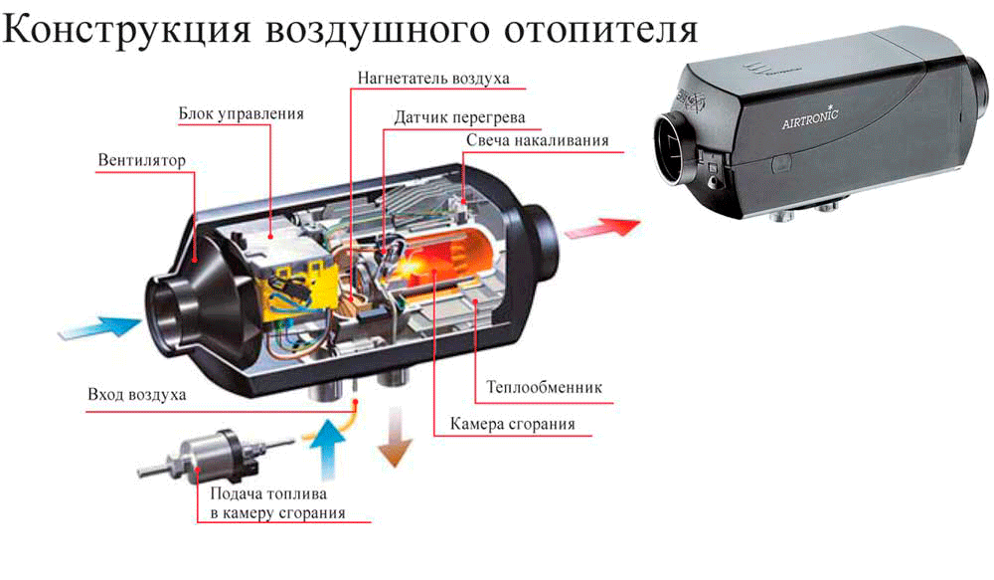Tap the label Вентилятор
[142, 160]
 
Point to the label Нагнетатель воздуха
[433, 77]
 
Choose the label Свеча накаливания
[537, 139]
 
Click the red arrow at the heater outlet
[600, 225]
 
